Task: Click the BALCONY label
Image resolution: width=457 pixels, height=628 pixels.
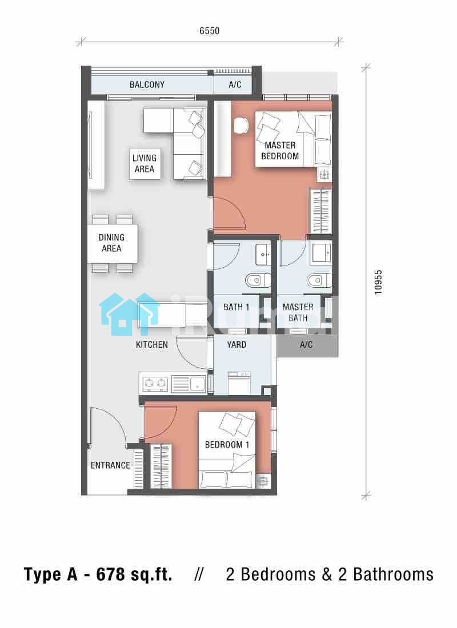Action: click(147, 84)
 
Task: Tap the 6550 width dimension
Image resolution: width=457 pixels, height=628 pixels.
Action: click(209, 31)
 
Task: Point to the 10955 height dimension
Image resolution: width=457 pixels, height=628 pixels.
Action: click(378, 283)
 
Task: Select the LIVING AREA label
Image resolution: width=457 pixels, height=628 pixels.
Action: click(145, 163)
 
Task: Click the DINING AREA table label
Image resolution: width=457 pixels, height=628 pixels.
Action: click(111, 243)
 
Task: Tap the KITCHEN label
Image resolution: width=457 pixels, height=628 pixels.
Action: click(151, 344)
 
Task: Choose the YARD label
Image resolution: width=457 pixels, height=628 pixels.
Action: click(236, 344)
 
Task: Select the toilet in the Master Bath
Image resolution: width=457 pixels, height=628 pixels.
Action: click(319, 280)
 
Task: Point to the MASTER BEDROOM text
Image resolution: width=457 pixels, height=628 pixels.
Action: click(280, 151)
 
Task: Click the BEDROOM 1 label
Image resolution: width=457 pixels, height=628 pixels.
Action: click(227, 445)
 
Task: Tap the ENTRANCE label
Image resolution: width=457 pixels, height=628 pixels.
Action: click(110, 465)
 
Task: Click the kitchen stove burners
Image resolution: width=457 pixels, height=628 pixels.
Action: click(155, 384)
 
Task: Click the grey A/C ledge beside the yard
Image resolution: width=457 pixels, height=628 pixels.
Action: click(307, 345)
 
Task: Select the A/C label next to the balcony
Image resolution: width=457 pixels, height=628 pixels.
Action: click(235, 84)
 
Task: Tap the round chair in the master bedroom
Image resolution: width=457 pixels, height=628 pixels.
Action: click(241, 126)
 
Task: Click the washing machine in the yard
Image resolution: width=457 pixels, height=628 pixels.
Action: click(239, 383)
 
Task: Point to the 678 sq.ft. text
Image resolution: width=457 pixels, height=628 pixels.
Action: click(134, 574)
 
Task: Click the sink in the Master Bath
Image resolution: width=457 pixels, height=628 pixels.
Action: click(322, 252)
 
